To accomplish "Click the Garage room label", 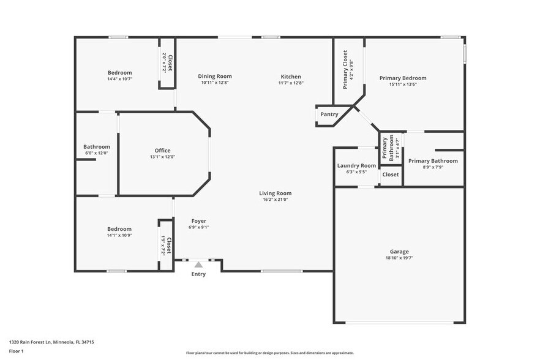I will (399, 251).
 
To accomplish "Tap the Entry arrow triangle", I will (198, 264).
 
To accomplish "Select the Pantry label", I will (329, 114).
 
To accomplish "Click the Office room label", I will (162, 150).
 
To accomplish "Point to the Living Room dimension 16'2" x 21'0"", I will (275, 199).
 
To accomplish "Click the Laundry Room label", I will (356, 165).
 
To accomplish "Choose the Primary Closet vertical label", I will (345, 69).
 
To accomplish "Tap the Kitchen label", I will (291, 77).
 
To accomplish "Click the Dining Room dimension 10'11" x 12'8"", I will (215, 83).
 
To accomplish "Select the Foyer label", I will (198, 220).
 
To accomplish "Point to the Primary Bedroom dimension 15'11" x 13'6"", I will (402, 84).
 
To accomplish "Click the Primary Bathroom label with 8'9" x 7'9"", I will (433, 161).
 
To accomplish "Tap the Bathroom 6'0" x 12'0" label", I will (97, 146).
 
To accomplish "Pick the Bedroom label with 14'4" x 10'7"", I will (119, 72).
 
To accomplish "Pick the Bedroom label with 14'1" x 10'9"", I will (119, 229).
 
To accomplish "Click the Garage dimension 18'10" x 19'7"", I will (399, 258).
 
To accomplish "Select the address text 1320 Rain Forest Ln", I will (51, 342).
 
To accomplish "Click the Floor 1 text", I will (16, 351).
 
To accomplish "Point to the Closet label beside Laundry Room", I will (391, 174).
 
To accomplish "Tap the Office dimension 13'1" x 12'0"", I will (162, 157).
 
